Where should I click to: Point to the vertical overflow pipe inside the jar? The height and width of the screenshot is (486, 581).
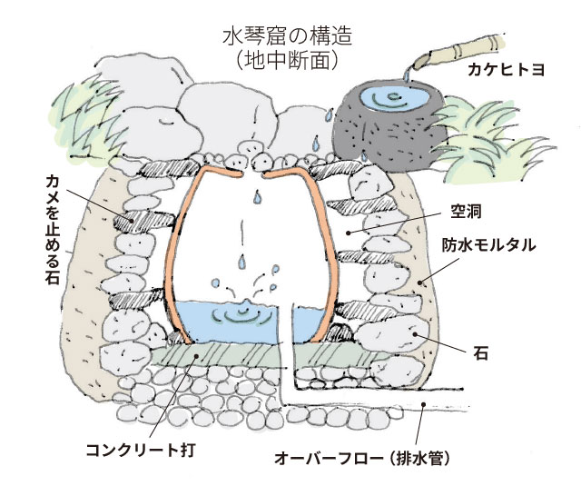tap(287, 336)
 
